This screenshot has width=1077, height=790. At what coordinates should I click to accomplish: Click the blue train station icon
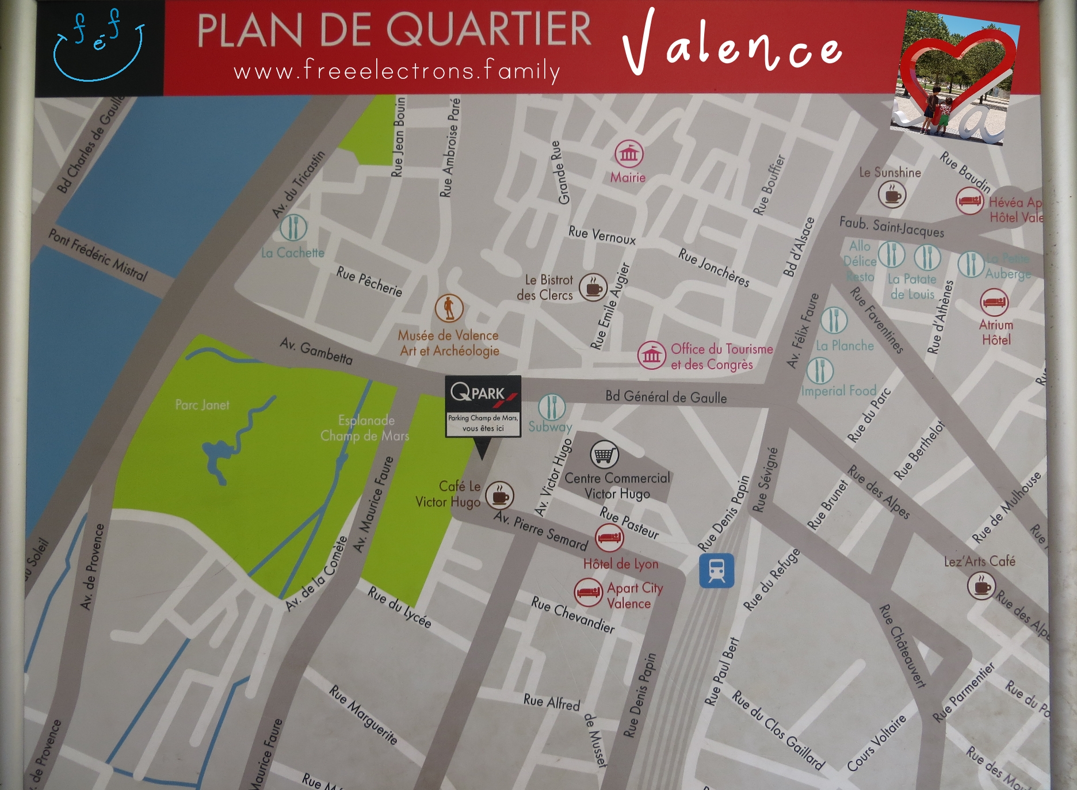[716, 570]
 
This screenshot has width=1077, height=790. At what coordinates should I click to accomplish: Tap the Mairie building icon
[629, 154]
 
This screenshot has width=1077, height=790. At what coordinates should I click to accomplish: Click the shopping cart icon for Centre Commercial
[604, 455]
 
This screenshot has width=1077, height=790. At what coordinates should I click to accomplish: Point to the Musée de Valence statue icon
[449, 308]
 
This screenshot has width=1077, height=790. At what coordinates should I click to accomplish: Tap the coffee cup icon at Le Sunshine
[892, 195]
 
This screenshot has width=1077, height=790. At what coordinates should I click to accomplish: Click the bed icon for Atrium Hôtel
[994, 302]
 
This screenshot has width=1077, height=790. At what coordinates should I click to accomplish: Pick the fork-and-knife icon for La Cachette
[293, 228]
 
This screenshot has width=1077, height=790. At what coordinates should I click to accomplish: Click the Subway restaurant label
[550, 427]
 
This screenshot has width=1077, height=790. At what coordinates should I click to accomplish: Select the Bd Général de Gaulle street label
[666, 397]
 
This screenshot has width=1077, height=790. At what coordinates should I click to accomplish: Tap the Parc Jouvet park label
[202, 405]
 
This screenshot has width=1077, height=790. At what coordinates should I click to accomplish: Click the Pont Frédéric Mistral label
[98, 254]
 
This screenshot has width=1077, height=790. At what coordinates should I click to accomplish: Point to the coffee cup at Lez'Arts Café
[981, 586]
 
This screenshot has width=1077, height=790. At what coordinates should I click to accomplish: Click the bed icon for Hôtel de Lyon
[609, 538]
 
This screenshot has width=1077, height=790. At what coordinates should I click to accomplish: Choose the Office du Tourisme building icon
[651, 356]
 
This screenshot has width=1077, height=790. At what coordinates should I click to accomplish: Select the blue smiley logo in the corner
[98, 46]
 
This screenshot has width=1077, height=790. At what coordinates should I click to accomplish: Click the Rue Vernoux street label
[602, 235]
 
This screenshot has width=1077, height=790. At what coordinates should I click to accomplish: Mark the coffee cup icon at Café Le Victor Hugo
[499, 495]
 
